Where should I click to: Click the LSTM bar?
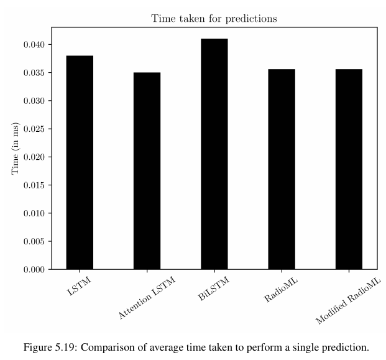[80, 162]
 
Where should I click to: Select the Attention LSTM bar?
[147, 171]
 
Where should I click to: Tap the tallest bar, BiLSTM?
[214, 154]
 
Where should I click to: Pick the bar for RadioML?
[282, 169]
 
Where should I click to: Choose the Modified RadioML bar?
[349, 169]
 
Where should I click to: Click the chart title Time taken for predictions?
[214, 19]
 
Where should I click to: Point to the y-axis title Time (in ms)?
[15, 148]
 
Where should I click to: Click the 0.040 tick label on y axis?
[34, 45]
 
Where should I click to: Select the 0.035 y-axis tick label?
[34, 73]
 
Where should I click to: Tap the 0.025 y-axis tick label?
[34, 129]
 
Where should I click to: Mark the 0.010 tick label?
[34, 213]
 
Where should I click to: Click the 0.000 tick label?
[34, 269]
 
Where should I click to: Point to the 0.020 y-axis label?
[34, 157]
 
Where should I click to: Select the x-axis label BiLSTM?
[213, 288]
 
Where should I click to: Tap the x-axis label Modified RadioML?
[348, 301]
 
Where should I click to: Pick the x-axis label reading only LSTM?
[79, 286]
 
